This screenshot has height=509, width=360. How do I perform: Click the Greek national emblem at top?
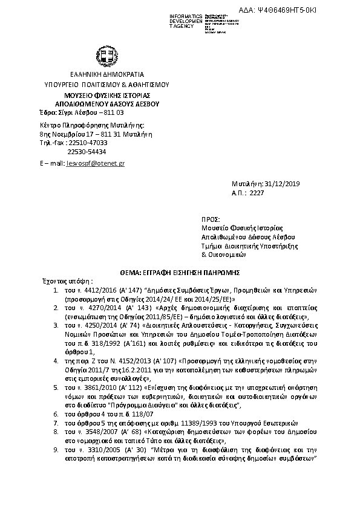pyautogui.click(x=107, y=59)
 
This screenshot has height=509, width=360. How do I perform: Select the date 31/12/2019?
pyautogui.click(x=284, y=184)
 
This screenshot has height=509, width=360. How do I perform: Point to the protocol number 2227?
pyautogui.click(x=258, y=193)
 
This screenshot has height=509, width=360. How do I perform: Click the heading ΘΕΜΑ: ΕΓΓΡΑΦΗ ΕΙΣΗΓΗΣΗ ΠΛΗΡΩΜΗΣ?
pyautogui.click(x=180, y=273)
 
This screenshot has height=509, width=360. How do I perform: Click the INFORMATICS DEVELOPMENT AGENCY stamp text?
pyautogui.click(x=187, y=20)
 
